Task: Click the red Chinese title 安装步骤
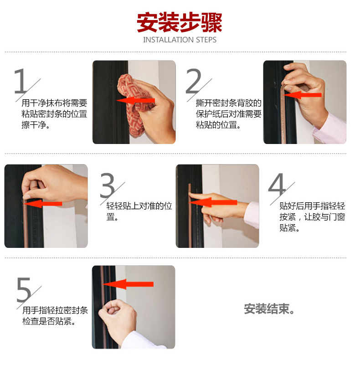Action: (179, 23)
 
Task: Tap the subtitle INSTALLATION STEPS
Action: (180, 40)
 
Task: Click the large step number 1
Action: (20, 81)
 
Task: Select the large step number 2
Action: (194, 81)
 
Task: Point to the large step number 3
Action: (108, 185)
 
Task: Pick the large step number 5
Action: (24, 289)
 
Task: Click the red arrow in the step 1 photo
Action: (135, 101)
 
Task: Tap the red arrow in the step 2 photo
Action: (303, 95)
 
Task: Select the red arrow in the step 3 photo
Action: (43, 204)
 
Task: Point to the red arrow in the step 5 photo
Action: (128, 284)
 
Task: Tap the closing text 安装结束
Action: (269, 309)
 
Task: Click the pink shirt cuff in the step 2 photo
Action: (331, 129)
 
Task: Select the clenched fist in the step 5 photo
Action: (116, 314)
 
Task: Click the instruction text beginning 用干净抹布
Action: (54, 114)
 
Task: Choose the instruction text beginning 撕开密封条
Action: (228, 114)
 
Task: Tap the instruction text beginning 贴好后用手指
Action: (312, 217)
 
